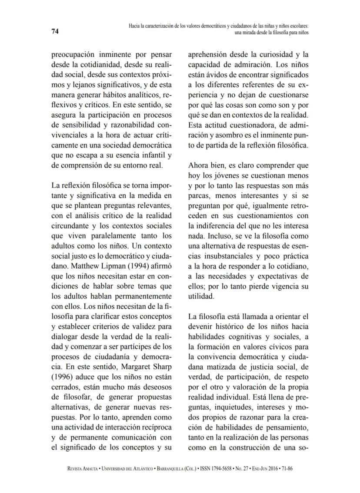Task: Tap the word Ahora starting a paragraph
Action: point(199,165)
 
